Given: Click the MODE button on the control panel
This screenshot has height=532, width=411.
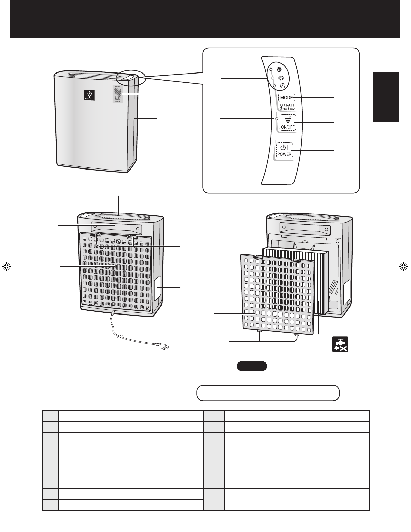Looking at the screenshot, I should (x=287, y=98).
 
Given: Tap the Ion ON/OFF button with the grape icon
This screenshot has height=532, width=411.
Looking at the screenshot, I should (x=287, y=123).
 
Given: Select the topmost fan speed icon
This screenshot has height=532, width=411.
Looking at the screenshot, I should (x=278, y=70).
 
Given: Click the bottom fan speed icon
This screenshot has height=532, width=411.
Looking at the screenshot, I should (x=283, y=86).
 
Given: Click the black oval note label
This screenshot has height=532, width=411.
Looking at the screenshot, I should (x=252, y=366).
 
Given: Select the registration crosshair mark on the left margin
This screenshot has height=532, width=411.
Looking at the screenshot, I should (x=6, y=267).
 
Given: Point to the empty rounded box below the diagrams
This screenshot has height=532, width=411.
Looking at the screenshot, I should (x=268, y=393).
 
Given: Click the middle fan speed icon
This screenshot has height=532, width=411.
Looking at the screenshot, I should (x=281, y=78).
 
